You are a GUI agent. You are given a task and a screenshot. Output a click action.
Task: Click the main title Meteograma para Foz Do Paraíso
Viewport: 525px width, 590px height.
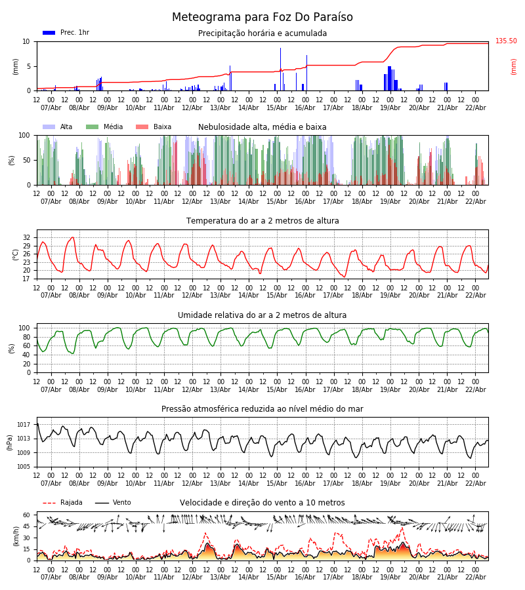pyautogui.click(x=262, y=18)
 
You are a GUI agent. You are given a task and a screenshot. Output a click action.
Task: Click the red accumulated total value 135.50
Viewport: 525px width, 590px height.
pyautogui.click(x=506, y=41)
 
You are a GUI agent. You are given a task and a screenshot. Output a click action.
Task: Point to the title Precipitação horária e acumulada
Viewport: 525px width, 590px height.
pyautogui.click(x=262, y=33)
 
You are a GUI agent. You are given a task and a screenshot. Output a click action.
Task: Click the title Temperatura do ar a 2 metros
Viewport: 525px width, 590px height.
pyautogui.click(x=262, y=221)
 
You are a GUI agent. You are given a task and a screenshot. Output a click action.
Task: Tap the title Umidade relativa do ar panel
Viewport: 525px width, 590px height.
pyautogui.click(x=262, y=315)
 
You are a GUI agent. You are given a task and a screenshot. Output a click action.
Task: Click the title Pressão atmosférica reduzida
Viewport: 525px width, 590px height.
pyautogui.click(x=262, y=409)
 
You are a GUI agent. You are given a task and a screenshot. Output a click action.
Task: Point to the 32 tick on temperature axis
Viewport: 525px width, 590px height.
pyautogui.click(x=27, y=237)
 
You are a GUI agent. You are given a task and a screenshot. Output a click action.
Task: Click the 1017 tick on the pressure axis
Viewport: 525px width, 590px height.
pyautogui.click(x=24, y=424)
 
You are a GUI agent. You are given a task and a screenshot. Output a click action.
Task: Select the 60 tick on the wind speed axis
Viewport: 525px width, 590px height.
pyautogui.click(x=27, y=515)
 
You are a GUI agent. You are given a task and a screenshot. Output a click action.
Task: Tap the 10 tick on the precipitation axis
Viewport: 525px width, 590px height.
pyautogui.click(x=27, y=41)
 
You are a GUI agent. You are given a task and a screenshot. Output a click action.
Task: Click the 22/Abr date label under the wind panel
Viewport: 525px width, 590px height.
pyautogui.click(x=475, y=577)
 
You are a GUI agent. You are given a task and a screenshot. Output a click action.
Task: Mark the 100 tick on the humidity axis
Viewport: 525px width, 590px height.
pyautogui.click(x=25, y=328)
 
